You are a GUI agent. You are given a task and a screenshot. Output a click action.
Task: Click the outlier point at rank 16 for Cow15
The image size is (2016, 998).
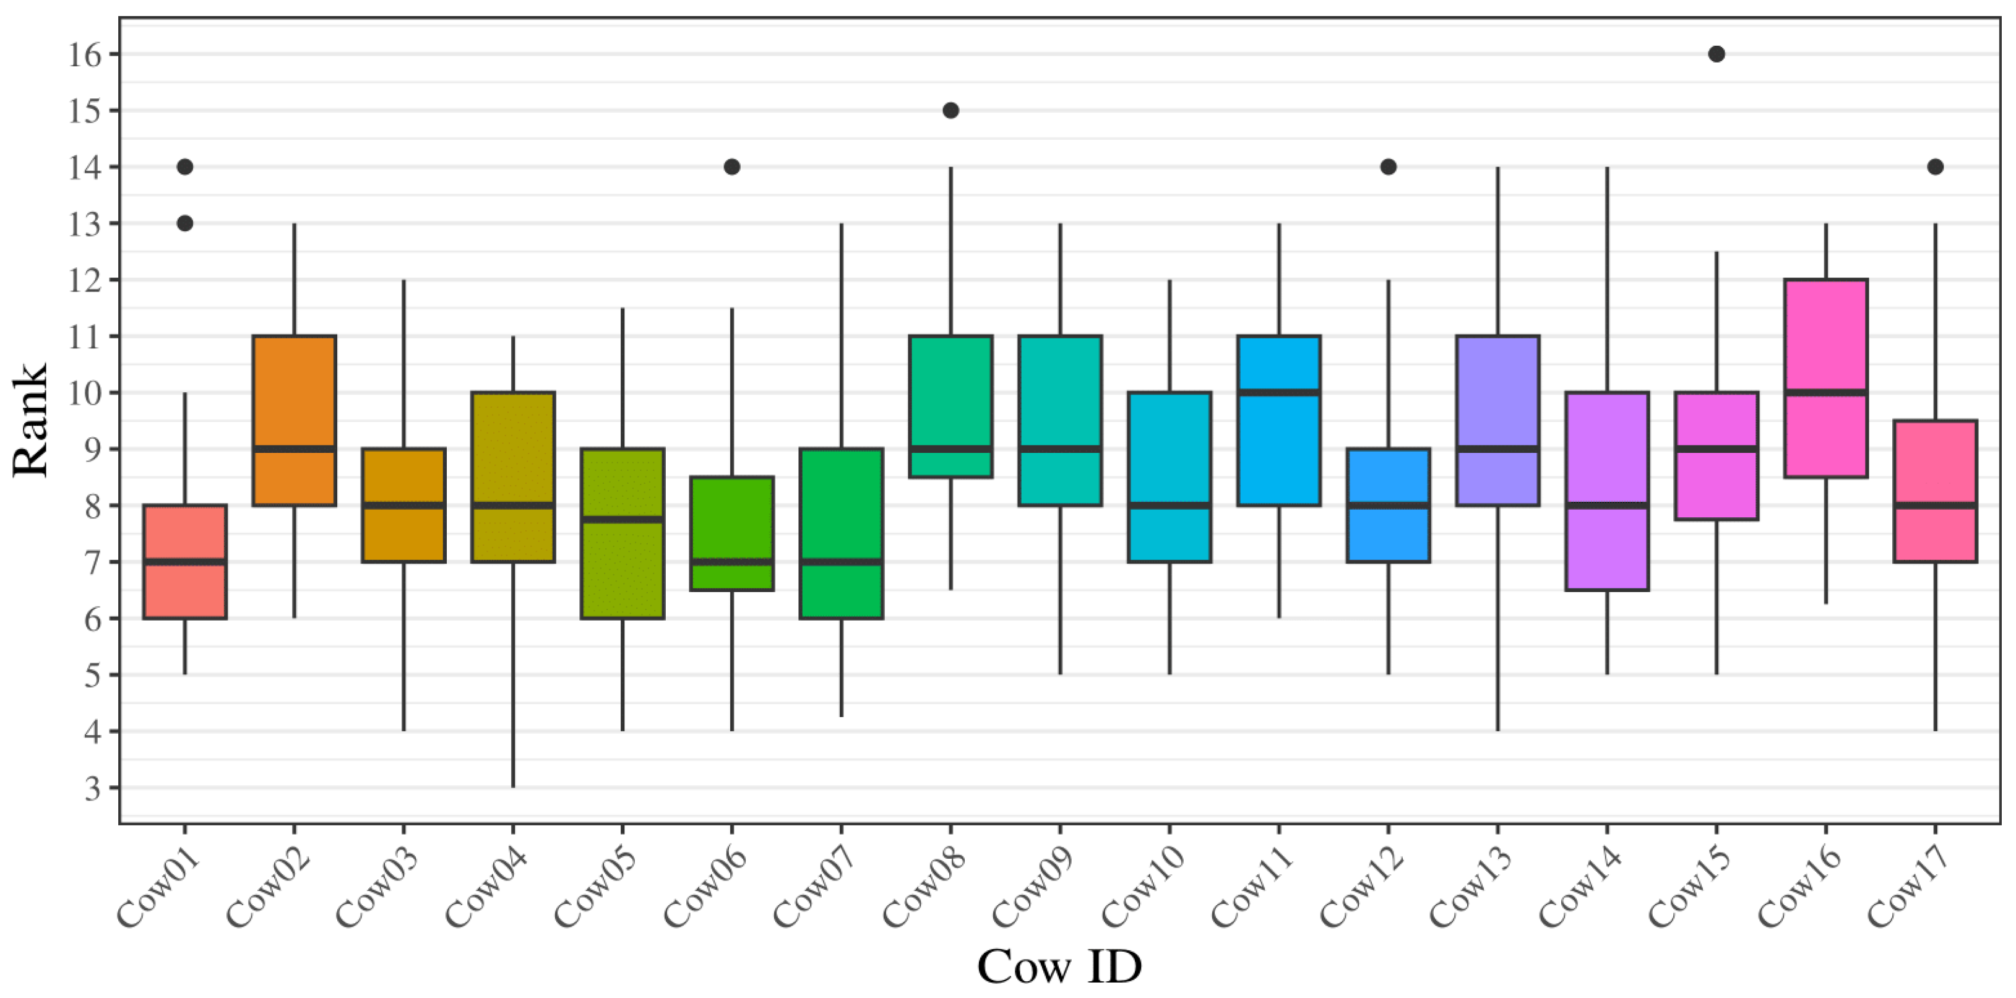(1717, 54)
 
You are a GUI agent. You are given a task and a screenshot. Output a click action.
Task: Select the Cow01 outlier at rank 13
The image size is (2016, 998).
(184, 224)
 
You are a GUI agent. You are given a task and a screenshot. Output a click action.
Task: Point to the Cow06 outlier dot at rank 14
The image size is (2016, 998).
(732, 166)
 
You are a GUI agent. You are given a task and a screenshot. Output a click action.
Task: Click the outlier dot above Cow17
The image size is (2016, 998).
(1936, 166)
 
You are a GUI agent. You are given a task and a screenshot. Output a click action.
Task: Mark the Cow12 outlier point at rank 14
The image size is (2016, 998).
(1389, 166)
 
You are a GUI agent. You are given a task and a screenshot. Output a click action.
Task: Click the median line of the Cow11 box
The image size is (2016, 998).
(1279, 392)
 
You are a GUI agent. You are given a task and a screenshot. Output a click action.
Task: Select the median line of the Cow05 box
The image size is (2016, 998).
(622, 519)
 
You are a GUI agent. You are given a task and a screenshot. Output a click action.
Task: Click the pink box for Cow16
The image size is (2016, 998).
(1826, 337)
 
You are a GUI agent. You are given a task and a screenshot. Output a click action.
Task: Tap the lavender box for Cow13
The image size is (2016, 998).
(1498, 392)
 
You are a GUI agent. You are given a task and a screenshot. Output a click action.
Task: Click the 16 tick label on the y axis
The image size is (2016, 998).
(85, 55)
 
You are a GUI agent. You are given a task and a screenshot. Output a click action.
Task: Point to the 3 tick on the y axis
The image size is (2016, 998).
(93, 788)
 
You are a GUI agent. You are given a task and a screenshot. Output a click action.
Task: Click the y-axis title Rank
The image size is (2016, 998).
(32, 420)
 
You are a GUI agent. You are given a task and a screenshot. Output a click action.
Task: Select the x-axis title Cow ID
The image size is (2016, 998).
(1059, 966)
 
